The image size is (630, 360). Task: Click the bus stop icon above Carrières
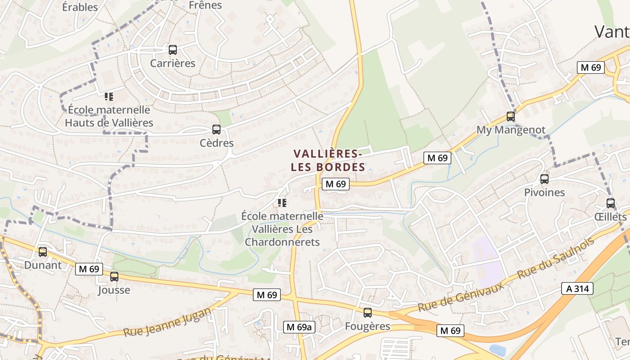(173, 50)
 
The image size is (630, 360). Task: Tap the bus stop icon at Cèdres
(216, 130)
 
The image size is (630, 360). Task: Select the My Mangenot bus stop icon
(511, 117)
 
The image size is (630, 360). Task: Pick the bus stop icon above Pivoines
(544, 179)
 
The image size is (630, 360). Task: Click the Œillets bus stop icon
(611, 203)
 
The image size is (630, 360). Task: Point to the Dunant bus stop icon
(43, 252)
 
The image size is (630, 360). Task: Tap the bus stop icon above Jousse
(114, 277)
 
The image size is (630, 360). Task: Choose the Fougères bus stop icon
(368, 313)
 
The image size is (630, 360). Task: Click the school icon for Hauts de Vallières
(108, 96)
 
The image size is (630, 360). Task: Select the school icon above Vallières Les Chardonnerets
(282, 203)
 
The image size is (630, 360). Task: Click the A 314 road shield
(577, 288)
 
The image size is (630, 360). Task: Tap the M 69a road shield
(299, 327)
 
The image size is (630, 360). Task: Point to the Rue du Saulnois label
(556, 258)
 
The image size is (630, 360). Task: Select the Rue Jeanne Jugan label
(166, 322)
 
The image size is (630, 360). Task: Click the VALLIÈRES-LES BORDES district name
(328, 161)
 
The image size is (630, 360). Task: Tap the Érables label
(80, 7)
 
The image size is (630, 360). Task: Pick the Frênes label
(206, 5)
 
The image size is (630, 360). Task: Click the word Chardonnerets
(282, 242)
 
